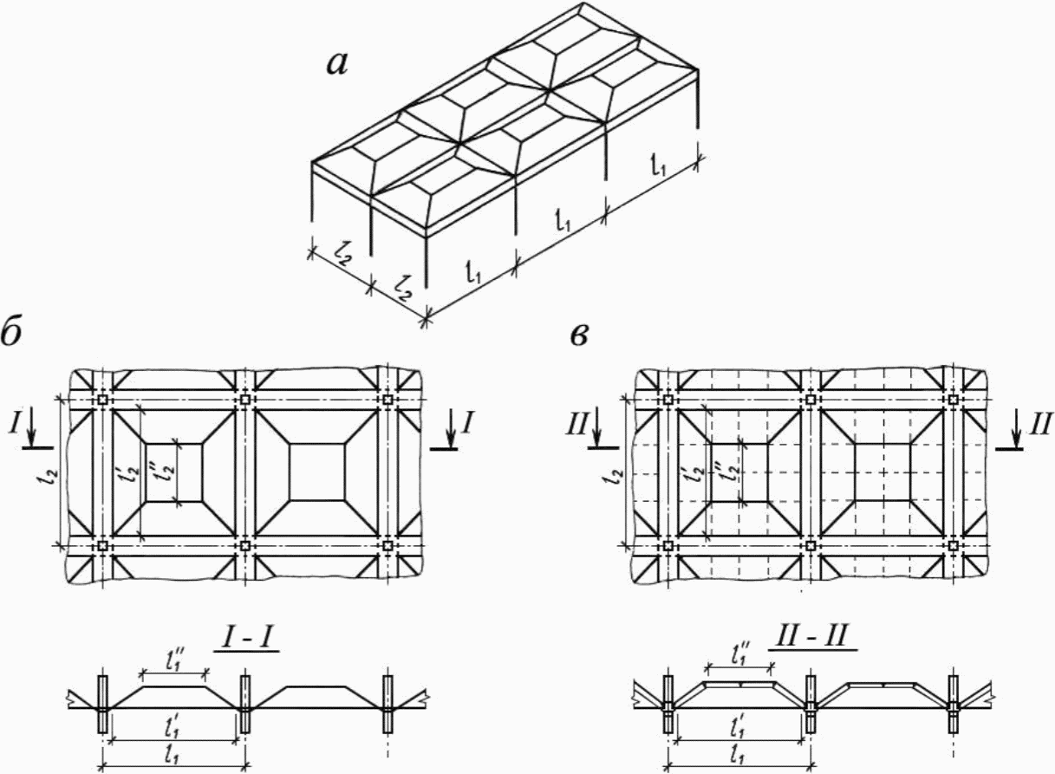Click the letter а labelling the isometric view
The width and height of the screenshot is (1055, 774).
point(337,66)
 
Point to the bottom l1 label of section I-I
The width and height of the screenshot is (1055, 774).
point(173,757)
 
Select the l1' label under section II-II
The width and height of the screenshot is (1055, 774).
point(739,728)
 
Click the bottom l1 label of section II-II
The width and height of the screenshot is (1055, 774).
point(739,757)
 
